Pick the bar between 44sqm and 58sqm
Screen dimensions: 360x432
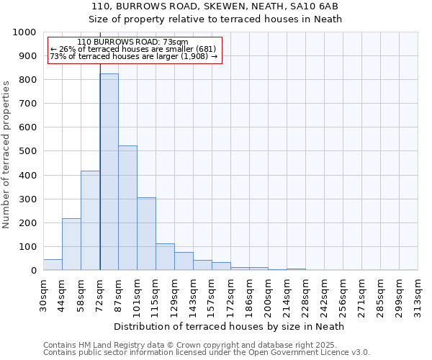coord(71,244)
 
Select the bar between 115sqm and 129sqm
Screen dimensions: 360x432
coord(165,257)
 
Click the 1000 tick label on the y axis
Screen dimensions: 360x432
coord(25,32)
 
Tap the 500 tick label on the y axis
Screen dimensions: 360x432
coord(28,151)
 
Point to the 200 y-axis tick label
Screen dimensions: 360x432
coord(28,222)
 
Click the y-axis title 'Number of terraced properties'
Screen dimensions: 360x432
coord(7,154)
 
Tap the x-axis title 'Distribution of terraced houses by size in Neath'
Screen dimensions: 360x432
coord(230,326)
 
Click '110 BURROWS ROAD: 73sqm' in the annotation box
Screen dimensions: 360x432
coord(132,42)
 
